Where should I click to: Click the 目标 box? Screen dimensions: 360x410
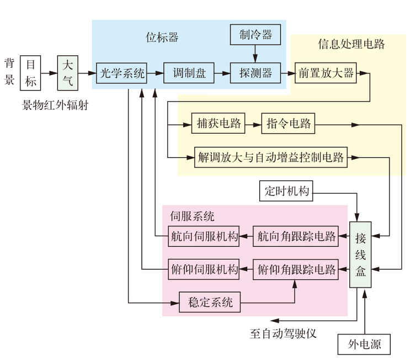(30, 72)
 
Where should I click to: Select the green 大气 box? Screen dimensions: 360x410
(68, 72)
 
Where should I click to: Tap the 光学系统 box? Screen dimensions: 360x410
(122, 72)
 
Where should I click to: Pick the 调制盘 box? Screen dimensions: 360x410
(189, 72)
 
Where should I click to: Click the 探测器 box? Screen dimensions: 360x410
(255, 72)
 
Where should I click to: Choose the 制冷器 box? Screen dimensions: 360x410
(255, 35)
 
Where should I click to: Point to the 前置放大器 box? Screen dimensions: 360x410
(326, 72)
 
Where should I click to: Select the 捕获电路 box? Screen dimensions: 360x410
(219, 124)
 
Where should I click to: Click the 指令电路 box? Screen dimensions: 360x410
(288, 124)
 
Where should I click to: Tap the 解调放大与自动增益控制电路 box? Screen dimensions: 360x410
(271, 157)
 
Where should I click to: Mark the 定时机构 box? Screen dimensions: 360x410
(286, 191)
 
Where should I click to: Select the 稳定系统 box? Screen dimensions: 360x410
(210, 302)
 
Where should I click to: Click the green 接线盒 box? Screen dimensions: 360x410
(361, 253)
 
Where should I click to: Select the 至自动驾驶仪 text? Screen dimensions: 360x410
(282, 333)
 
